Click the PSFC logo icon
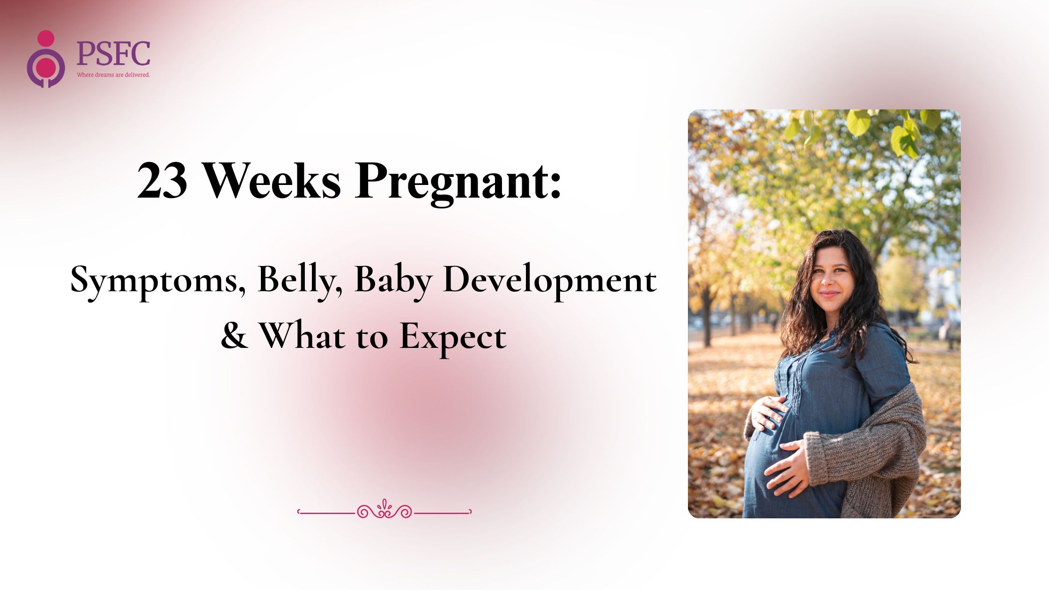(x=46, y=59)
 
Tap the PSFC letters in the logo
(x=113, y=53)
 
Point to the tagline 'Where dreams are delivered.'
(x=113, y=75)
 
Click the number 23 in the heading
(x=163, y=181)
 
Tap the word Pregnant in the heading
(x=458, y=183)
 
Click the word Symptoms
(x=158, y=281)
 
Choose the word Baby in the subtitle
(x=393, y=281)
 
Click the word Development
(x=550, y=281)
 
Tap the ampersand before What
(x=234, y=336)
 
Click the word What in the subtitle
(x=302, y=335)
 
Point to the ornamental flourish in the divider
(x=384, y=509)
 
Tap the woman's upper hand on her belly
(x=768, y=413)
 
